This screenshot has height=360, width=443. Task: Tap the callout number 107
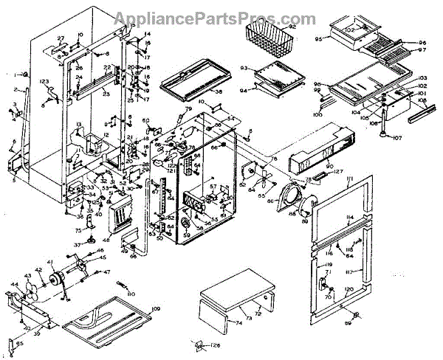(396, 137)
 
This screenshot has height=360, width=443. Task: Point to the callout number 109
(155, 308)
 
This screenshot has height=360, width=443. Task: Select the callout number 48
(106, 238)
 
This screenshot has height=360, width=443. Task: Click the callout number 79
(188, 109)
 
